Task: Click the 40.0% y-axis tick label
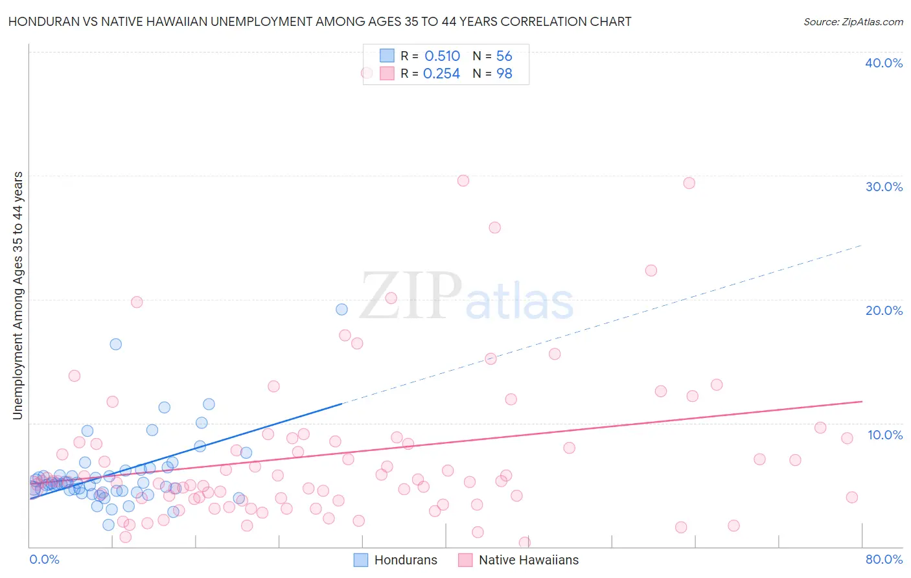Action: pyautogui.click(x=884, y=63)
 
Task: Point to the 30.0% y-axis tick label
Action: pyautogui.click(x=884, y=187)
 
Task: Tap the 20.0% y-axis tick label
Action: pyautogui.click(x=884, y=310)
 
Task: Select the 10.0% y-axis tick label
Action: pyautogui.click(x=885, y=434)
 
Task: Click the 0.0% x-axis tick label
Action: pyautogui.click(x=44, y=559)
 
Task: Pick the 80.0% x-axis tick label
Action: pyautogui.click(x=884, y=559)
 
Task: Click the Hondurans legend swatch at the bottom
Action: pyautogui.click(x=360, y=560)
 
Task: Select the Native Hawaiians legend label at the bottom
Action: pyautogui.click(x=529, y=560)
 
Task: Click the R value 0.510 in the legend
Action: pyautogui.click(x=442, y=56)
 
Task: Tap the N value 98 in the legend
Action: pyautogui.click(x=504, y=74)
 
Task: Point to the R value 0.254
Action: pyautogui.click(x=441, y=74)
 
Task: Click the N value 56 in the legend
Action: pyautogui.click(x=504, y=56)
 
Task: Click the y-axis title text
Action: pyautogui.click(x=17, y=295)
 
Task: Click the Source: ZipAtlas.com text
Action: pyautogui.click(x=853, y=21)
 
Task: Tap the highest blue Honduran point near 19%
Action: pyautogui.click(x=341, y=310)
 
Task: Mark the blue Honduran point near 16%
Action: pyautogui.click(x=115, y=344)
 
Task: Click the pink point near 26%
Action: pyautogui.click(x=494, y=227)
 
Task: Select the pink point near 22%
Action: pyautogui.click(x=651, y=270)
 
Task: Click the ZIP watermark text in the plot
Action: pyautogui.click(x=411, y=296)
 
